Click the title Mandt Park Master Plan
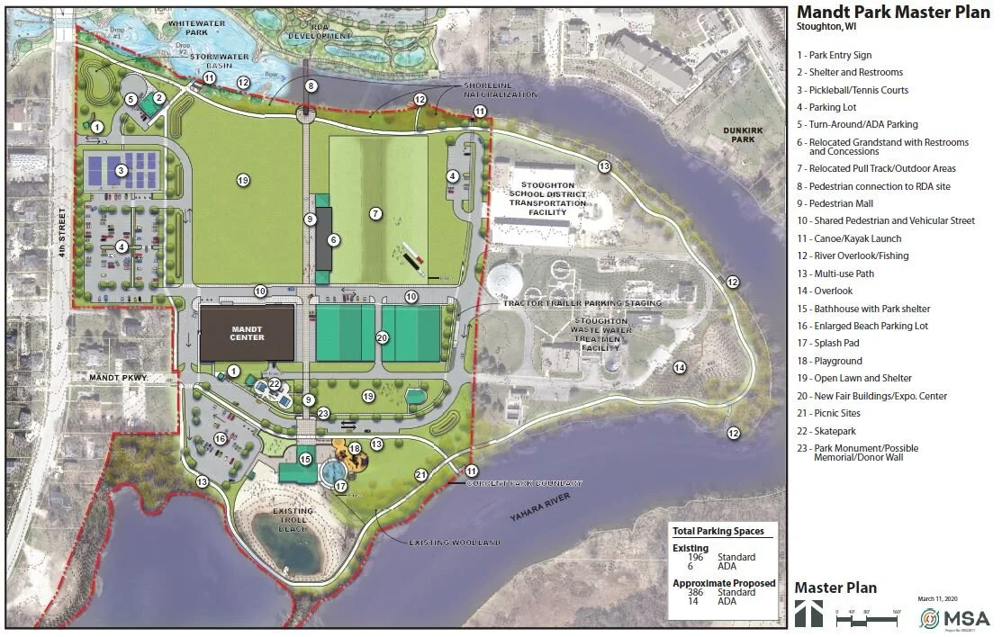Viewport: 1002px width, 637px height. (893, 12)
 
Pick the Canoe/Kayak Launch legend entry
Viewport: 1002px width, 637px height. (848, 238)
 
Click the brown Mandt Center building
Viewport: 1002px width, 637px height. (247, 333)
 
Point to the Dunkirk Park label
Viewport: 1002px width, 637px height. (744, 135)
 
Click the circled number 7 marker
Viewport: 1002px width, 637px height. (375, 213)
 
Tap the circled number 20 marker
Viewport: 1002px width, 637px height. (382, 337)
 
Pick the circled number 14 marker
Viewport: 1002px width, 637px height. (680, 367)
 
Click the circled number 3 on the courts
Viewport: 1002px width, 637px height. (120, 169)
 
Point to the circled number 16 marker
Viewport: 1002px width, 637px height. (219, 438)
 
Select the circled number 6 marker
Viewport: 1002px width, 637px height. (333, 239)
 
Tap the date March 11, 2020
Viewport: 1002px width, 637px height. (939, 597)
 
